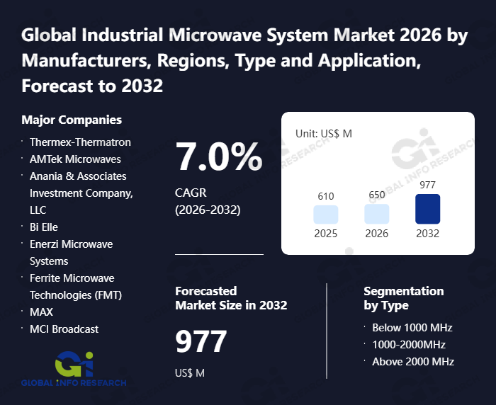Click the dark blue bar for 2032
[427, 209]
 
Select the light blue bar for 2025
[326, 215]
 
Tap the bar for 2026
[377, 215]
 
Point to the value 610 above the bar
[326, 196]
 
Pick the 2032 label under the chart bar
[427, 234]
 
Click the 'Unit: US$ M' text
[323, 133]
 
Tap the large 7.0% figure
[219, 157]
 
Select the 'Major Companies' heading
[72, 120]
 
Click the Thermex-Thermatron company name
[80, 142]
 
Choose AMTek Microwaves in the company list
[75, 159]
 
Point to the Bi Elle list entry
[43, 227]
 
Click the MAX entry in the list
[41, 312]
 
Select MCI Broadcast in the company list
[64, 329]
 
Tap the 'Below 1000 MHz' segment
[412, 327]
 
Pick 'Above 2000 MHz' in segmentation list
[413, 361]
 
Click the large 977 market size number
[201, 342]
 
